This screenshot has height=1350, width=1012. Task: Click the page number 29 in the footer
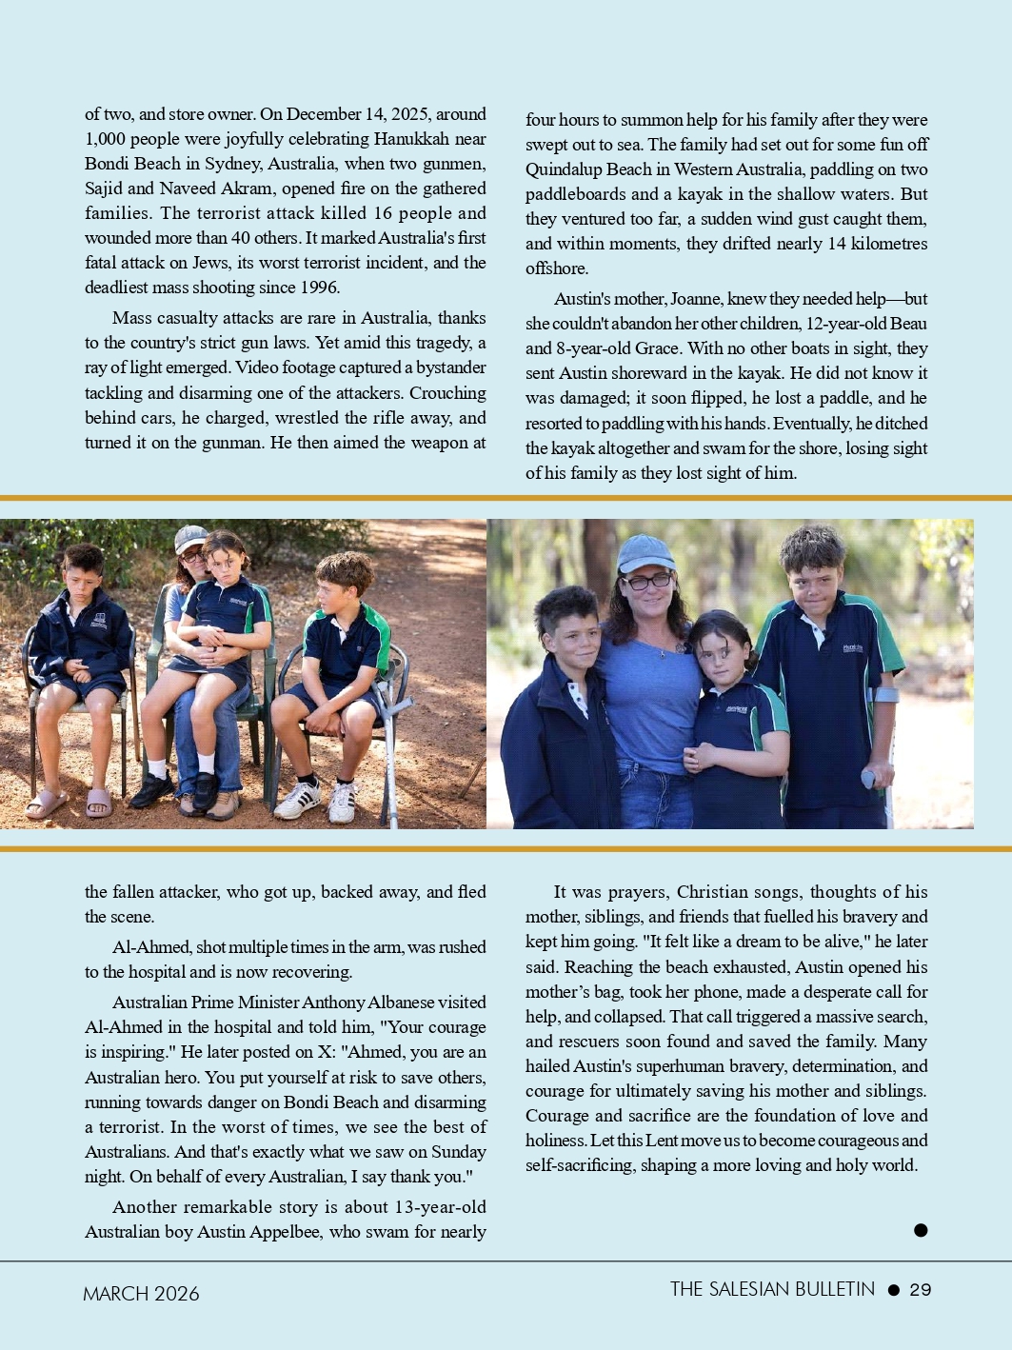[920, 1290]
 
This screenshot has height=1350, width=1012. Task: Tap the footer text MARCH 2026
[141, 1294]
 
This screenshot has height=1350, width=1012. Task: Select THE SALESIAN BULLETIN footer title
[772, 1289]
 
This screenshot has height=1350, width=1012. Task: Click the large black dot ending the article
[921, 1230]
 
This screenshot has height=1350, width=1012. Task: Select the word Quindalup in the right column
[567, 169]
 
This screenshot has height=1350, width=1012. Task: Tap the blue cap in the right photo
[646, 552]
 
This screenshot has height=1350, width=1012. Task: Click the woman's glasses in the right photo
[647, 580]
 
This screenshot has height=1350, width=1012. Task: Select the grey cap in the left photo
[190, 538]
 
